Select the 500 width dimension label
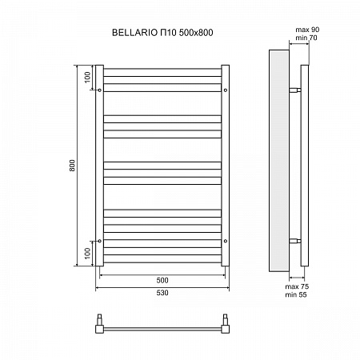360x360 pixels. point(162,280)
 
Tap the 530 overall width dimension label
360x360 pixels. point(162,293)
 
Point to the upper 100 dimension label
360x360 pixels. point(87,78)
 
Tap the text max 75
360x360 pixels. point(301,286)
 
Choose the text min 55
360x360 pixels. point(301,294)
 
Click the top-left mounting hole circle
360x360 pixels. point(99,90)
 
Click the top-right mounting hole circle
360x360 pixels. point(226,90)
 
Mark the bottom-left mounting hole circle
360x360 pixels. point(99,239)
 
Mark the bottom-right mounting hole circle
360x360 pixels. point(226,239)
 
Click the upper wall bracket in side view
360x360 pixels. point(296,90)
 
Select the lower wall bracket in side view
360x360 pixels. point(296,239)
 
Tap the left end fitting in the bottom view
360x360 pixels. point(100,324)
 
